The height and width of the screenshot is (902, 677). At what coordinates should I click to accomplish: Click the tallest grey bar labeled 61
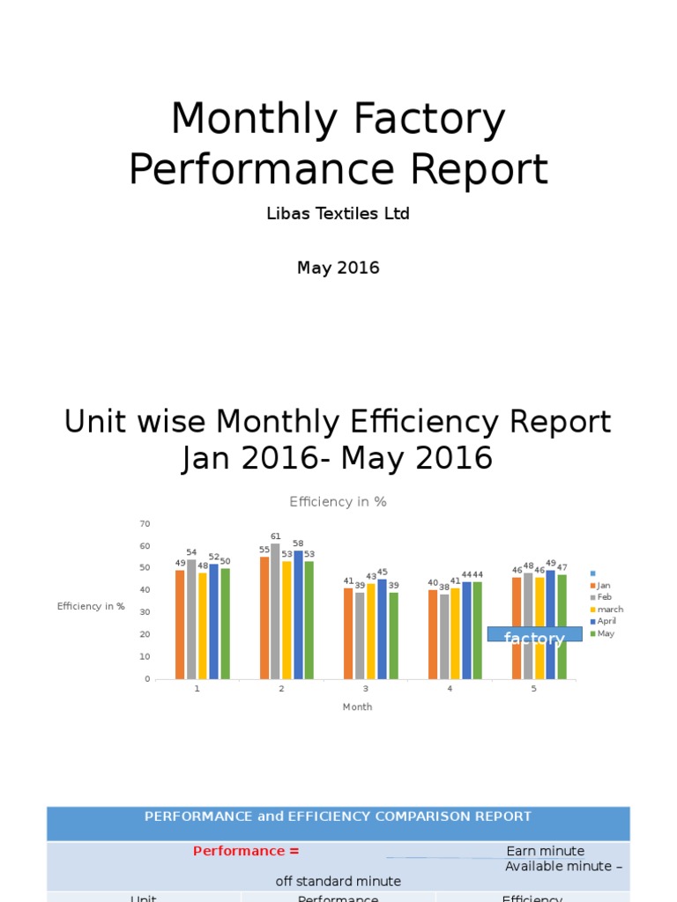click(276, 610)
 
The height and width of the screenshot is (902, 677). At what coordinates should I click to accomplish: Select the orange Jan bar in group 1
click(180, 625)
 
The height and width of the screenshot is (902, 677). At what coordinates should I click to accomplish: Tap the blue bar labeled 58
click(298, 615)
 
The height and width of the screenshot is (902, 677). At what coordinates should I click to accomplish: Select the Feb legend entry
click(604, 597)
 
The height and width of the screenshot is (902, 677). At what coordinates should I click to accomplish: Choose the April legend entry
click(606, 621)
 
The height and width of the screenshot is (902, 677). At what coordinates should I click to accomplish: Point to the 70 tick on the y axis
click(145, 523)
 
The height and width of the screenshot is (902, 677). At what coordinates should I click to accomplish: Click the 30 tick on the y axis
click(145, 612)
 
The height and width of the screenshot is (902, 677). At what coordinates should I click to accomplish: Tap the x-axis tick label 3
click(366, 689)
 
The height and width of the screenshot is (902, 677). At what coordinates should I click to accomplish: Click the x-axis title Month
click(357, 706)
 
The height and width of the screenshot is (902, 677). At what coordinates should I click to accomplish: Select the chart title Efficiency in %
click(338, 501)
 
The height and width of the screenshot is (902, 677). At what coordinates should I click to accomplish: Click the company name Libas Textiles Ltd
click(338, 214)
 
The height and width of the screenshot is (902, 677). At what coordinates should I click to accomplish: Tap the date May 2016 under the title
click(338, 268)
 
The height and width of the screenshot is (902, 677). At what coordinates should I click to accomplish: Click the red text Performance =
click(246, 851)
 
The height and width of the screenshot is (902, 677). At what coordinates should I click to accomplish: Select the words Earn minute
click(546, 851)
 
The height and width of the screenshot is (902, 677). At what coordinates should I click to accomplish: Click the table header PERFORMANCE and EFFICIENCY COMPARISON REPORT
click(338, 817)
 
